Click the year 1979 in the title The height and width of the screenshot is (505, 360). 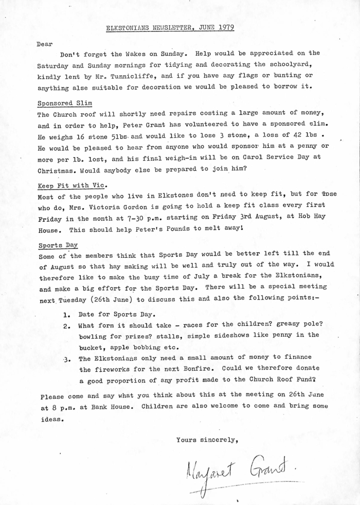tap(224, 27)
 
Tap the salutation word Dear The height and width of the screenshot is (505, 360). tap(45, 44)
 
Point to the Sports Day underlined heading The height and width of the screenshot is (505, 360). tap(58, 245)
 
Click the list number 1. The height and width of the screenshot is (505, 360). tap(66, 314)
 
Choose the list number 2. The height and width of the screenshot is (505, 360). tap(66, 325)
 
